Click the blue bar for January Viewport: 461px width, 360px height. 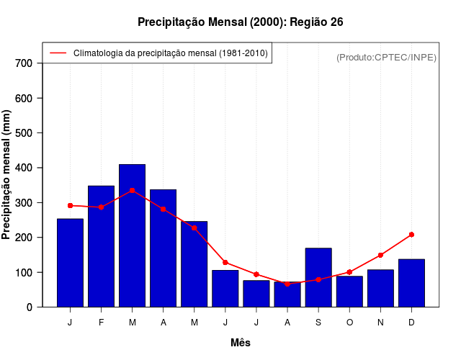70,263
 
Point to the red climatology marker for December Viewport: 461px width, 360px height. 411,235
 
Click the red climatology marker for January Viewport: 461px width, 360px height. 70,206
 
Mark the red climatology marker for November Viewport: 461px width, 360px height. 380,255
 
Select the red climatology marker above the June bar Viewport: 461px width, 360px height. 225,262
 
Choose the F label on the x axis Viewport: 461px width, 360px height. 101,323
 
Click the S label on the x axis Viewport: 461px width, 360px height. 318,323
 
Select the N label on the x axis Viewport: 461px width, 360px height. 380,323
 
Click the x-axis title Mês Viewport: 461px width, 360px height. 241,343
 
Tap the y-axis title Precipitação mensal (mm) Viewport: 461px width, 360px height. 6,175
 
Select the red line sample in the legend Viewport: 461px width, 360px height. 58,53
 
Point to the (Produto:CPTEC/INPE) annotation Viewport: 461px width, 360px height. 386,57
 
